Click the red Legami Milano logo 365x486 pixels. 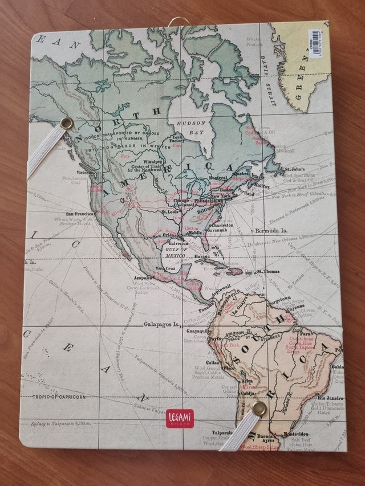180,418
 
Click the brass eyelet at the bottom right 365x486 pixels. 259,407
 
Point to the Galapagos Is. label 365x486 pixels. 161,325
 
